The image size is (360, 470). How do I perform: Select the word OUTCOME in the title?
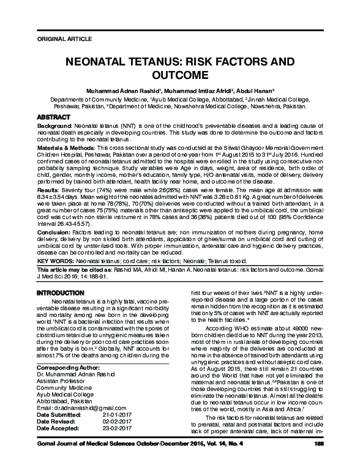(x=179, y=76)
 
